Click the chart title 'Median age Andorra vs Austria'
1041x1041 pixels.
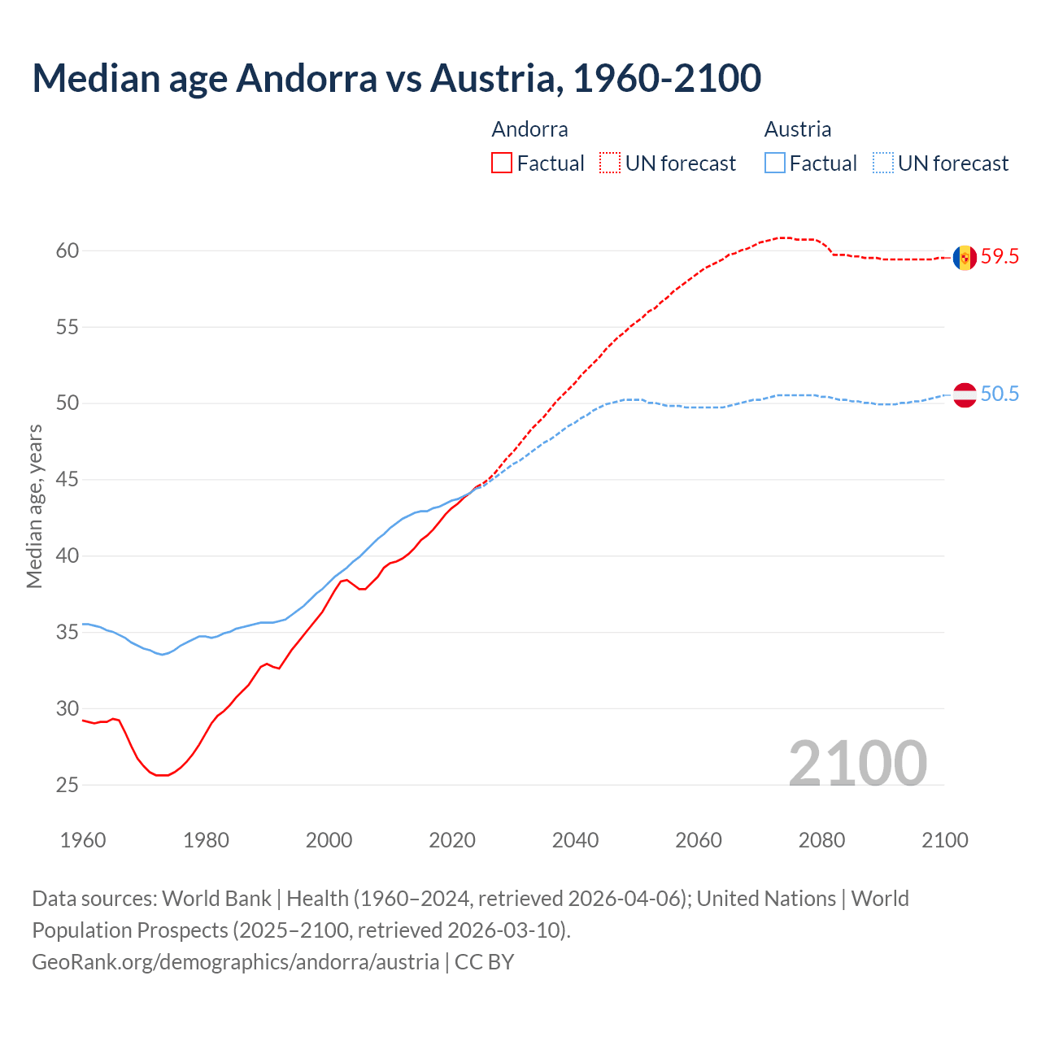pyautogui.click(x=396, y=78)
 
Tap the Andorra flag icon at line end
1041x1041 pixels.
pyautogui.click(x=965, y=257)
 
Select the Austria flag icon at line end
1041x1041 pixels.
pyautogui.click(x=965, y=394)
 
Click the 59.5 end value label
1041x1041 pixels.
pyautogui.click(x=1000, y=257)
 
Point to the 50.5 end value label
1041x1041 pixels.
pyautogui.click(x=1000, y=394)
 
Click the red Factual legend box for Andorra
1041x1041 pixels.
pyautogui.click(x=502, y=163)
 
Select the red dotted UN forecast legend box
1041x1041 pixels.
pyautogui.click(x=610, y=163)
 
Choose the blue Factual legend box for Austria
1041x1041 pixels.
pyautogui.click(x=775, y=163)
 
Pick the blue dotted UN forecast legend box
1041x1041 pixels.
pyautogui.click(x=883, y=163)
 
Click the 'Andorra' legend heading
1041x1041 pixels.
pyautogui.click(x=529, y=129)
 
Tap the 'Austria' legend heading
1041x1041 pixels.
pyautogui.click(x=797, y=129)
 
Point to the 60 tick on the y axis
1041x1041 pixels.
pyautogui.click(x=68, y=250)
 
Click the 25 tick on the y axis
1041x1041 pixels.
pyautogui.click(x=68, y=785)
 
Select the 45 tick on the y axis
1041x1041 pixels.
pyautogui.click(x=68, y=480)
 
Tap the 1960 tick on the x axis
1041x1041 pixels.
pyautogui.click(x=83, y=840)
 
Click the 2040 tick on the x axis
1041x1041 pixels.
pyautogui.click(x=575, y=840)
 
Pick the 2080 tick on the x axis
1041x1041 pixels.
pyautogui.click(x=821, y=840)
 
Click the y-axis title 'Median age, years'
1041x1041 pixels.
pyautogui.click(x=34, y=506)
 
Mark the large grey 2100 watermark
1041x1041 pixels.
pyautogui.click(x=857, y=763)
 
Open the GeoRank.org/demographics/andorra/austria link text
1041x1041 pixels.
pyautogui.click(x=235, y=962)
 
